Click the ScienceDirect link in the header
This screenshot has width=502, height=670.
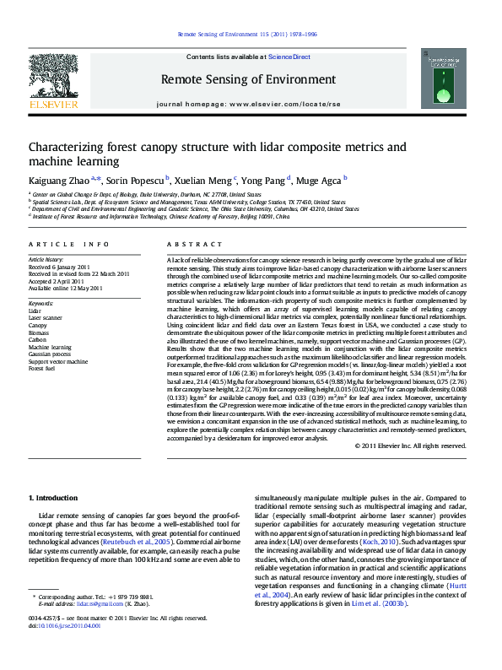(x=289, y=57)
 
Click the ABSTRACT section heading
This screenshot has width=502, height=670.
(x=186, y=245)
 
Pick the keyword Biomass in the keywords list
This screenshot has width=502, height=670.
(x=40, y=332)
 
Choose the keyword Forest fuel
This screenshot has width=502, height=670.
(x=43, y=369)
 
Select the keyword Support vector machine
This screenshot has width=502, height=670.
(x=57, y=361)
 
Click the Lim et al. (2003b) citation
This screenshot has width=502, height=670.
(x=389, y=627)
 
